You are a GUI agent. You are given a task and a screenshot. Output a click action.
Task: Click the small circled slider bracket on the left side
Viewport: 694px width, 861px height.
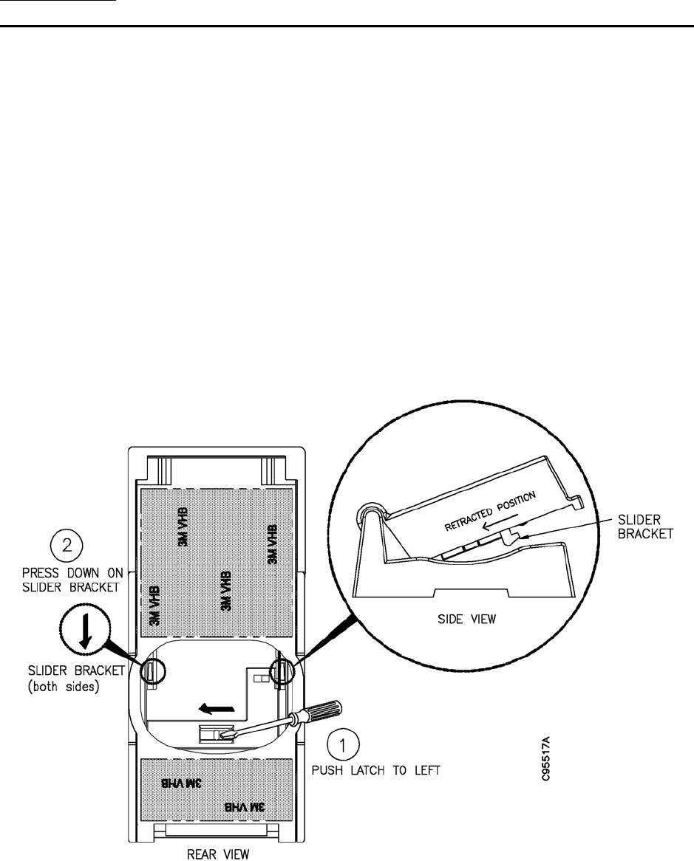click(151, 672)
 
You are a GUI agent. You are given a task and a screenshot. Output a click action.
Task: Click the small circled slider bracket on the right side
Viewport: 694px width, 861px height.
click(282, 673)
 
